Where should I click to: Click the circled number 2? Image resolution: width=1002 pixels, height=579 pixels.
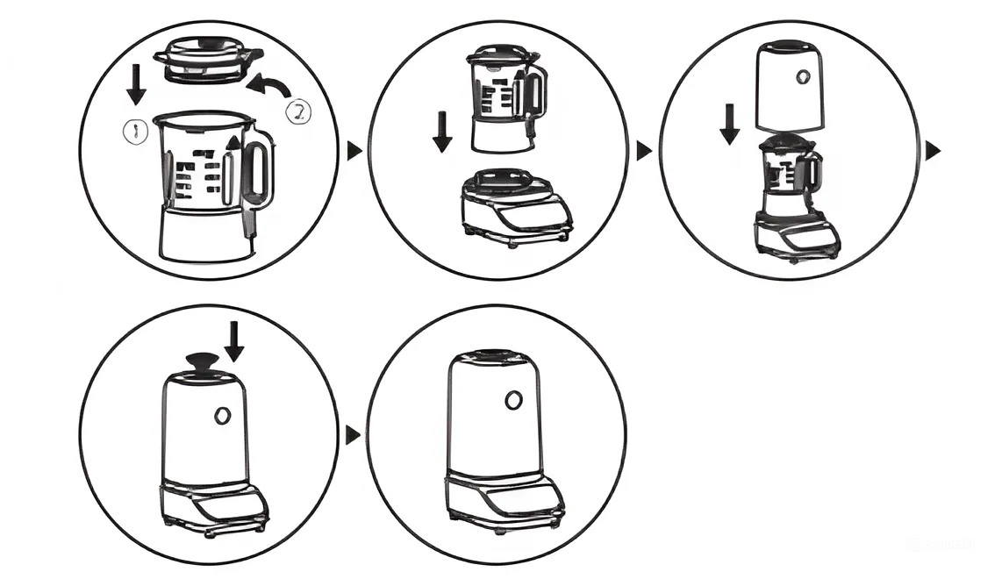pos(298,111)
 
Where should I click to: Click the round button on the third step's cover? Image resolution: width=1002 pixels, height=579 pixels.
pos(800,77)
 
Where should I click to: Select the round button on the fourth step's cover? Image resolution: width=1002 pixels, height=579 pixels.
pos(222,414)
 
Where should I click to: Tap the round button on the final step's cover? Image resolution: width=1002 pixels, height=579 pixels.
pos(512,401)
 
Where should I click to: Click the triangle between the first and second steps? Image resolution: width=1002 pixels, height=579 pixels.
pos(354,151)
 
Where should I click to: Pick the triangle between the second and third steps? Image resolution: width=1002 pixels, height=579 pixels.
pos(644,151)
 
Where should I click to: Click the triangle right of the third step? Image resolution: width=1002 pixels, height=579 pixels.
pos(934,151)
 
